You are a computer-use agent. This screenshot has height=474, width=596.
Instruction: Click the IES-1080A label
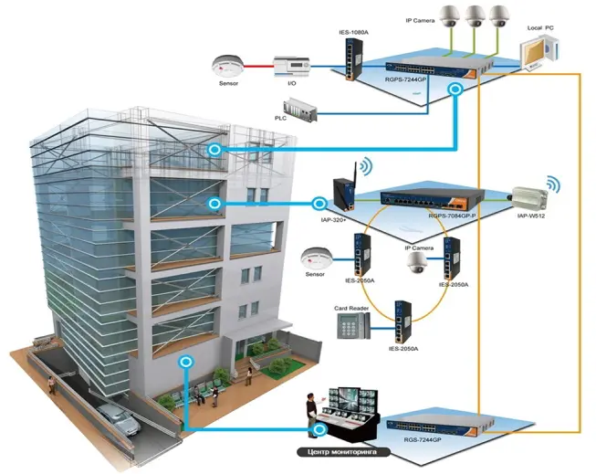click(x=353, y=33)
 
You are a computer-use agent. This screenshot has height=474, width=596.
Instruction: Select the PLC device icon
click(x=300, y=110)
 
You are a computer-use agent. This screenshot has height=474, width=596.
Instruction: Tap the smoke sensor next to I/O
click(x=227, y=68)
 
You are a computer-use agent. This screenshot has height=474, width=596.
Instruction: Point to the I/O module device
click(x=291, y=68)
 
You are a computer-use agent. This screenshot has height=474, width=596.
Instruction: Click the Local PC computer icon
click(x=539, y=53)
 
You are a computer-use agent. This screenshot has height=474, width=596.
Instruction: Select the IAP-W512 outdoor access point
click(x=528, y=198)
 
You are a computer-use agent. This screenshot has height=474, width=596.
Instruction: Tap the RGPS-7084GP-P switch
click(x=433, y=199)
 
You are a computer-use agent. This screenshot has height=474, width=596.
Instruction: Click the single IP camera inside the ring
click(x=415, y=262)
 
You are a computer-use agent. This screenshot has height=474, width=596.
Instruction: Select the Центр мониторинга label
click(x=343, y=452)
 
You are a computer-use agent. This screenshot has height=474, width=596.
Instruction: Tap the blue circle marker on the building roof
click(x=214, y=150)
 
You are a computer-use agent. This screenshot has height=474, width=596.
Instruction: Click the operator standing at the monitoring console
click(x=312, y=411)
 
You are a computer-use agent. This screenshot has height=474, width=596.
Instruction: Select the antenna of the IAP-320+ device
click(x=356, y=176)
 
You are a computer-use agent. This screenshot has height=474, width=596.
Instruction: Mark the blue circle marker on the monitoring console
click(x=320, y=429)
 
